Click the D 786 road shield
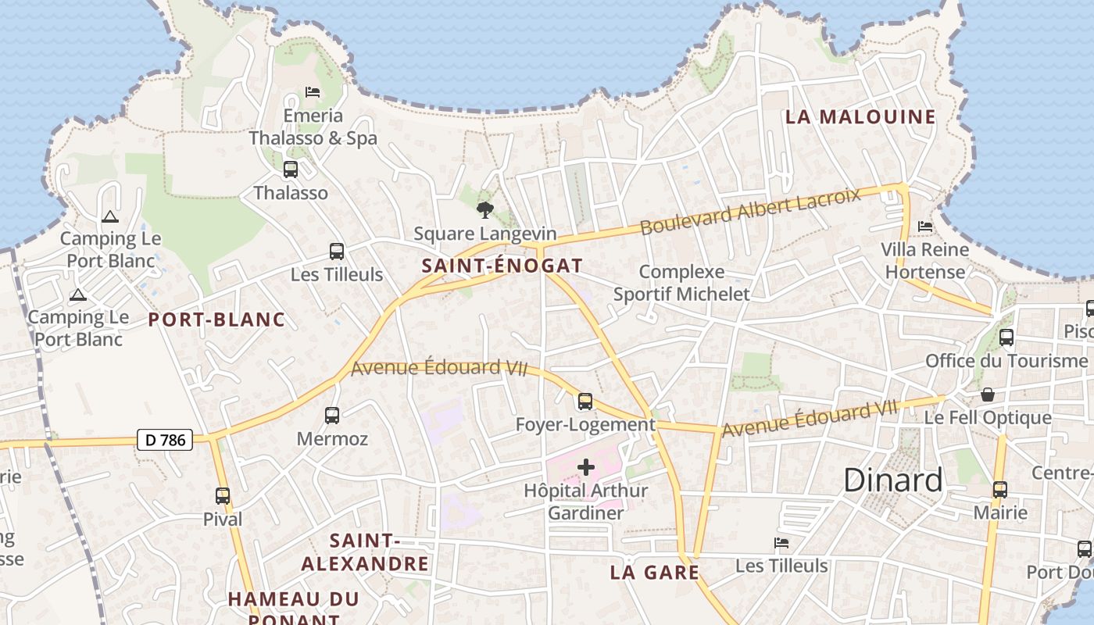[166, 440]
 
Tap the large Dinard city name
[892, 480]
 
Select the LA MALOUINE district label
[860, 117]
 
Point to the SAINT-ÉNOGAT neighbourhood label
[502, 266]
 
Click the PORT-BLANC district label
[216, 320]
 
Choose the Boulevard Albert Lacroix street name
[750, 210]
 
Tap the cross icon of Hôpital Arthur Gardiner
[585, 467]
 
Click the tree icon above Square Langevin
[484, 209]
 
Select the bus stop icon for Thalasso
[290, 169]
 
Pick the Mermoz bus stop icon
[332, 415]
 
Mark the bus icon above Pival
[223, 495]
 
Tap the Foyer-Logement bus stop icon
[585, 402]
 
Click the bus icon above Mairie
[1000, 490]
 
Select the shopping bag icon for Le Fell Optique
[988, 395]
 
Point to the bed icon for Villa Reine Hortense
[925, 227]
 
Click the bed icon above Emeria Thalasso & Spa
[313, 92]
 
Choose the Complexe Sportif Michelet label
[681, 283]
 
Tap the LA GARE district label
[654, 573]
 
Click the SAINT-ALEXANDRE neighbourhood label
[365, 552]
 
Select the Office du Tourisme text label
[1006, 361]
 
